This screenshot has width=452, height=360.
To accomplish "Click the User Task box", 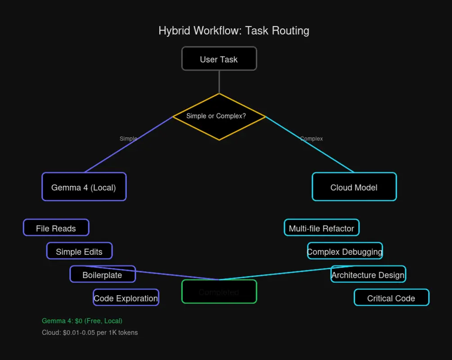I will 219,59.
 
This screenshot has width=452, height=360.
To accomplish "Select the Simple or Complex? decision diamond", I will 219,117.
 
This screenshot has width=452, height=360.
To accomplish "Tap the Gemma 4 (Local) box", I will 84,187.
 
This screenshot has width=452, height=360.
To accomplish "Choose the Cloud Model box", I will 354,187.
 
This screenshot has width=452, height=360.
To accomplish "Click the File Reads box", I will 56,228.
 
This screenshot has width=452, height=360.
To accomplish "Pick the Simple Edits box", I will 79,251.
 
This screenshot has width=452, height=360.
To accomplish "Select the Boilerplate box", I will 103,274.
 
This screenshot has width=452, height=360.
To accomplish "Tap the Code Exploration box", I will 126,298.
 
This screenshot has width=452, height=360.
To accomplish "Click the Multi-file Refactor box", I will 321,228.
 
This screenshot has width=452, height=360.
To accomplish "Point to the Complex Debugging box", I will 345,251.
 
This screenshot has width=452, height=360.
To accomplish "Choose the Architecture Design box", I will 368,274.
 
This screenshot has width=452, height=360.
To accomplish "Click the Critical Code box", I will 392,298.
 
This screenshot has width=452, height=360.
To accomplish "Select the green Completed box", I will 219,292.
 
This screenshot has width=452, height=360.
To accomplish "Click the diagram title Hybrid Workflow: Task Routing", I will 234,31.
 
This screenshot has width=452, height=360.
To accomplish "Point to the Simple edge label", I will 128,139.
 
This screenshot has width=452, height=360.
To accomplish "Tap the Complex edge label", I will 312,139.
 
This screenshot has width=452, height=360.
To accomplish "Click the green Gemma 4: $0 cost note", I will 82,321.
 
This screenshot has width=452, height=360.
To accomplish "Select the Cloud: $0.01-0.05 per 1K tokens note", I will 90,333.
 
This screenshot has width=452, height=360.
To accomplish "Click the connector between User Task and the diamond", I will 219,82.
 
